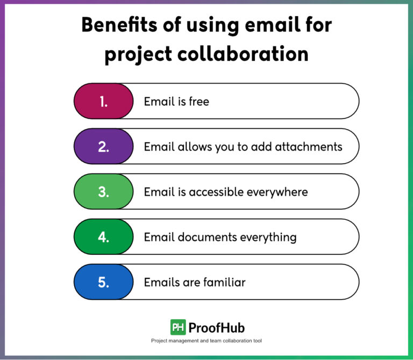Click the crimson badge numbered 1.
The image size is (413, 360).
(x=103, y=101)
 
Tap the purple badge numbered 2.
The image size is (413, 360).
(x=103, y=146)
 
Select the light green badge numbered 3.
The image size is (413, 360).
(x=103, y=192)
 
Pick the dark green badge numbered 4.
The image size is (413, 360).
(x=103, y=237)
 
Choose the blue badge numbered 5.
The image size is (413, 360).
(x=103, y=282)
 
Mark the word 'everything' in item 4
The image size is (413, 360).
(x=268, y=237)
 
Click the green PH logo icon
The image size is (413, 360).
(x=178, y=327)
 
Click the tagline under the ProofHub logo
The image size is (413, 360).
(x=206, y=341)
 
